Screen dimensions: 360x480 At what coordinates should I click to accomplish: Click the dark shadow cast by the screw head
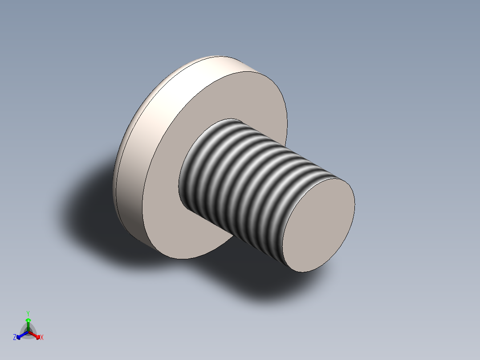pos(89,209)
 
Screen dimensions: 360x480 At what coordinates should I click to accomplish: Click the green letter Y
pos(28,313)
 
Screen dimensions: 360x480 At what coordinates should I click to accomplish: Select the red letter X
pos(42,338)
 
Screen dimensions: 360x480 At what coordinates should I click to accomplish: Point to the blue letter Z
pos(15,337)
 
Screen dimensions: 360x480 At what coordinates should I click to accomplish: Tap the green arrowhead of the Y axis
pos(28,320)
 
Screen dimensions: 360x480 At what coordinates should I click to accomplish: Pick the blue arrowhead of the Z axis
pos(19,336)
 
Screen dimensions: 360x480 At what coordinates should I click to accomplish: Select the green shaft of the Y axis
pos(28,327)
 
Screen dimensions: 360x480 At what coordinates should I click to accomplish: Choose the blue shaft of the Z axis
pos(23,334)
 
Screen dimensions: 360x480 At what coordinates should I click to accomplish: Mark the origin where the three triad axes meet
pos(28,332)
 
